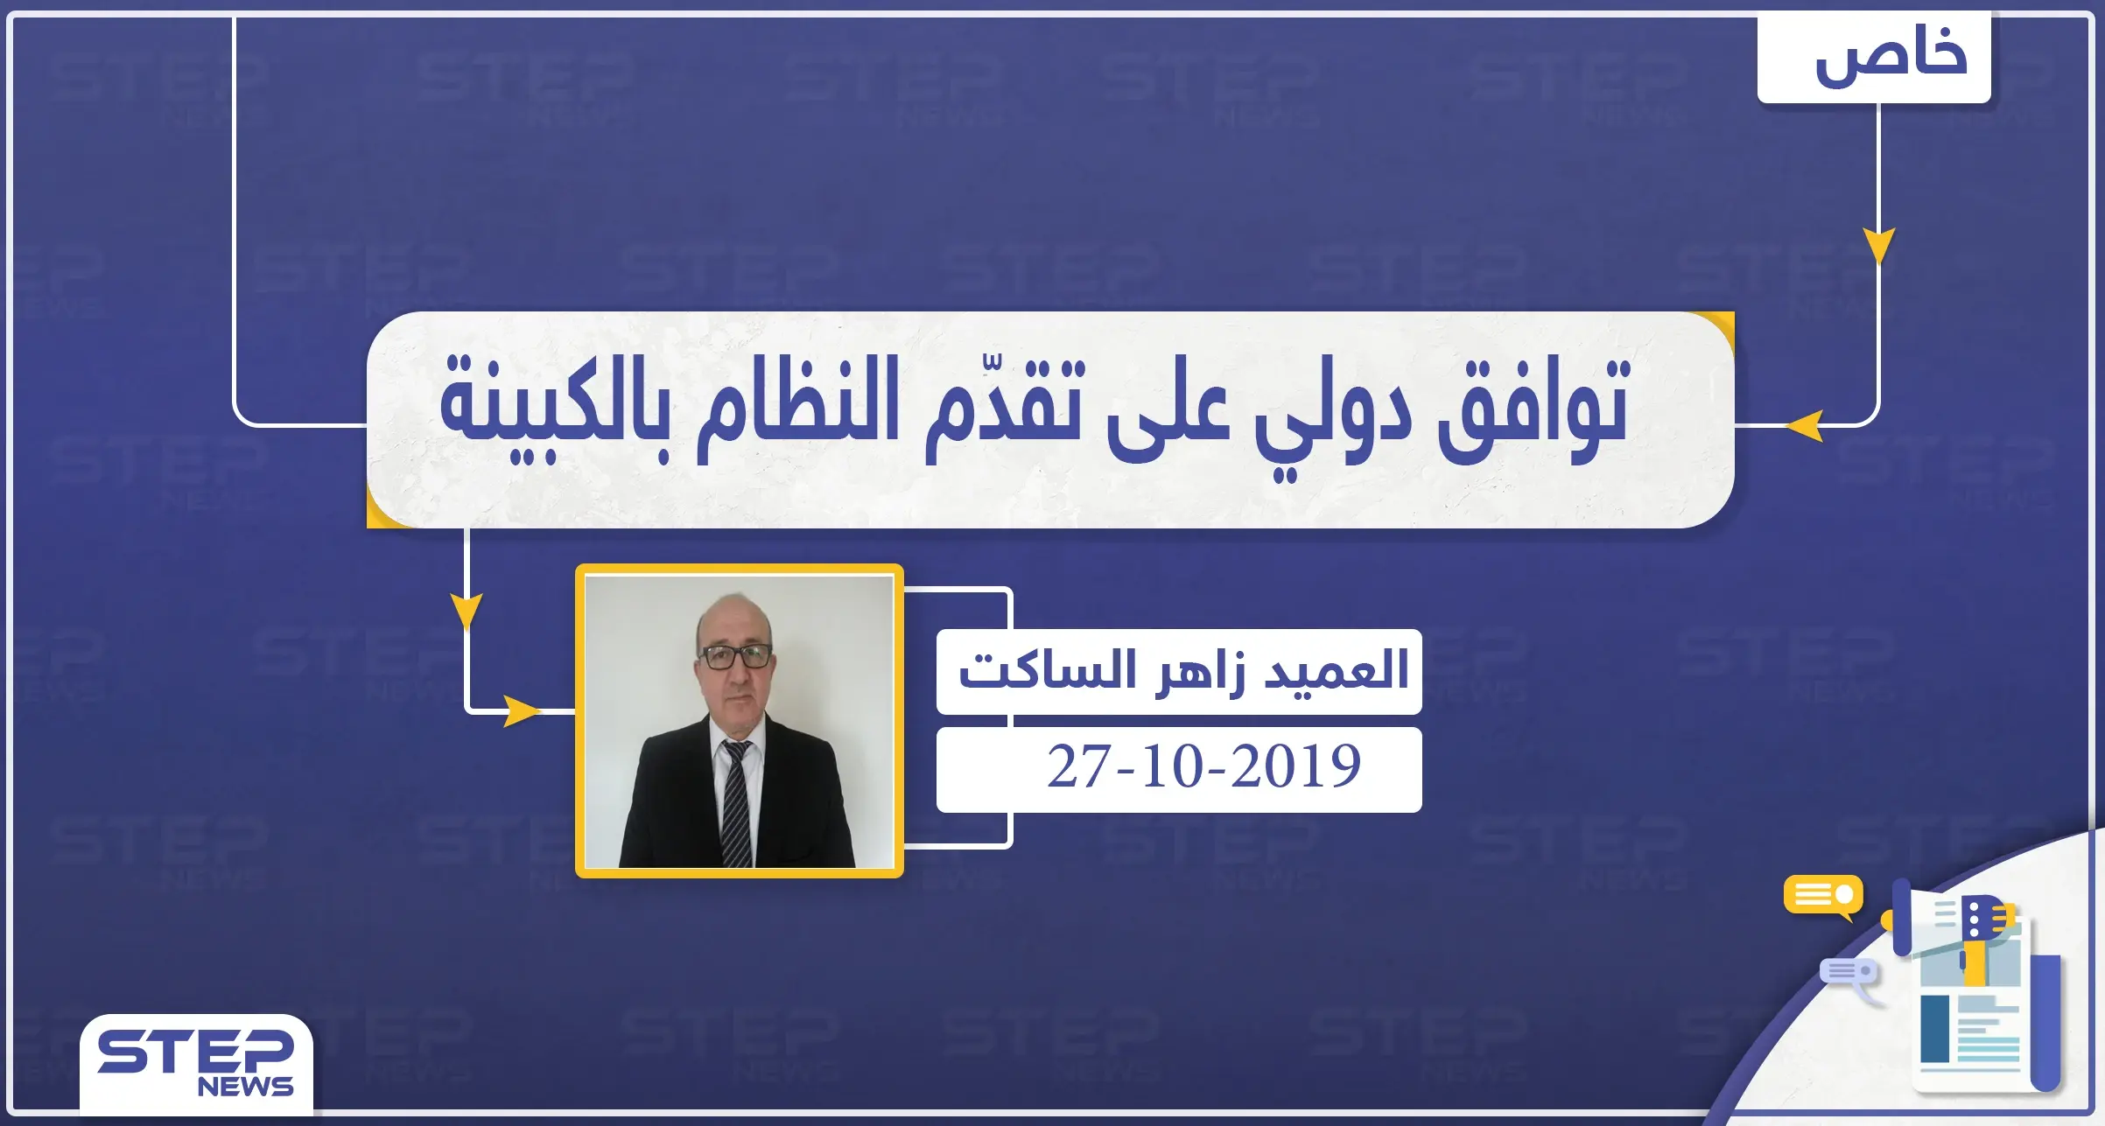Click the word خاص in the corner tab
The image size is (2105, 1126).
tap(1891, 57)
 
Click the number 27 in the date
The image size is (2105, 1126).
tap(1078, 767)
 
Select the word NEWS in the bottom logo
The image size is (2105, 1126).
tap(245, 1088)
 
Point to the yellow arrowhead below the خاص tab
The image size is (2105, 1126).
tap(1878, 244)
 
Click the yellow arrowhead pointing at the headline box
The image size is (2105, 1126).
tap(1805, 426)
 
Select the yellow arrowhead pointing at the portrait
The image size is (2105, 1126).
tap(523, 710)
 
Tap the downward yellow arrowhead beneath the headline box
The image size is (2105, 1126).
tap(467, 610)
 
